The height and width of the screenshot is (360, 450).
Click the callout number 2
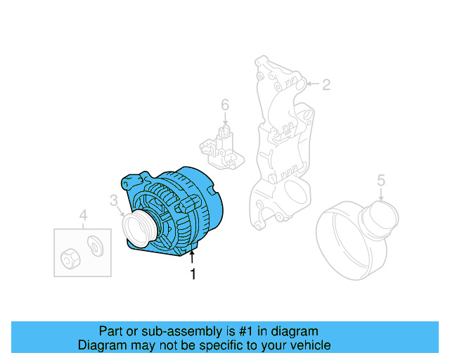click(326, 85)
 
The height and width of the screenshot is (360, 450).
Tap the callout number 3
click(114, 201)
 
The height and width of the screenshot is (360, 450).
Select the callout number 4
click(83, 215)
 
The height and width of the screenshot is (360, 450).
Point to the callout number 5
click(381, 180)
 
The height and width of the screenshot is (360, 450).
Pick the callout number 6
click(225, 105)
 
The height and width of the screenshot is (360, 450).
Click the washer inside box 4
click(94, 245)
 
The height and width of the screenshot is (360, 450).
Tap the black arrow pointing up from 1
click(193, 257)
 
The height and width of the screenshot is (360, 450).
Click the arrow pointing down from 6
click(225, 120)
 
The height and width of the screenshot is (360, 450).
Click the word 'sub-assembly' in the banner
click(174, 330)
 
